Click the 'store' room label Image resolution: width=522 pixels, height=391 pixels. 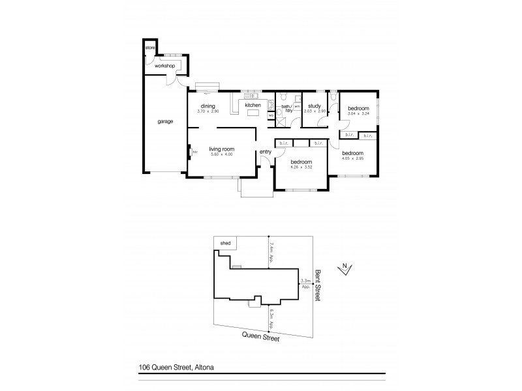(149, 48)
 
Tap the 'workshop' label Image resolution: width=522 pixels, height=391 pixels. (165, 66)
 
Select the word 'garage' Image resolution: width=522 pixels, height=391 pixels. (164, 121)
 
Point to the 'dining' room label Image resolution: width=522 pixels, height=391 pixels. (208, 106)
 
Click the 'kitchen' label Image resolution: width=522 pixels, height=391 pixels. (253, 105)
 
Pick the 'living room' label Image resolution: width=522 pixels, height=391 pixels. (221, 149)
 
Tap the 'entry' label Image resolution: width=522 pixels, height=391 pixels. (265, 152)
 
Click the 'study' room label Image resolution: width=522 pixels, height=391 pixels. (314, 106)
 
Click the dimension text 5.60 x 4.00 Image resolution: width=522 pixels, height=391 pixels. (222, 154)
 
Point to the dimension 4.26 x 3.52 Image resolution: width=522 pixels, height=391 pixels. (301, 167)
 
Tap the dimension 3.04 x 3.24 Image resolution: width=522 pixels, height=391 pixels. (358, 113)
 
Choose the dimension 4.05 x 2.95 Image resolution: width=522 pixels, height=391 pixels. (353, 158)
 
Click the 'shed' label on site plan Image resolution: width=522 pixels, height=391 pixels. (225, 243)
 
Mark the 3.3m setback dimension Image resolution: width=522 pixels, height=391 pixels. (304, 283)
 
